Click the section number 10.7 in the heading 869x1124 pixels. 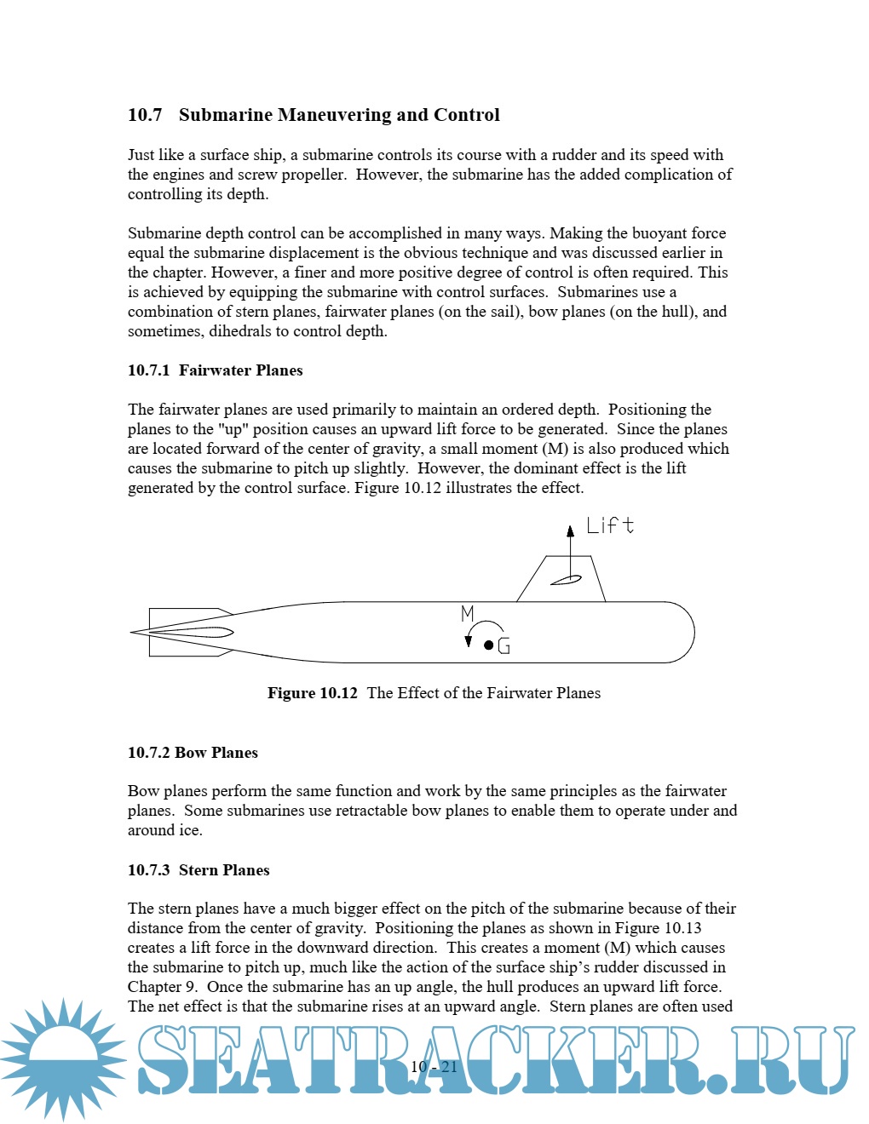[x=145, y=115]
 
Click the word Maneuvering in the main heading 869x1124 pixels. [x=334, y=115]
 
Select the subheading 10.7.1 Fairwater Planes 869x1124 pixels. [x=215, y=370]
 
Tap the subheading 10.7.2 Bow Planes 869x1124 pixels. [x=193, y=753]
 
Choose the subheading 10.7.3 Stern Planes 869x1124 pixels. [x=199, y=870]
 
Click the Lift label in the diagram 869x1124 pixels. [x=610, y=525]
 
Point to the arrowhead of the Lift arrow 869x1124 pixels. [x=571, y=531]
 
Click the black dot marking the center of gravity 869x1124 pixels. [x=488, y=645]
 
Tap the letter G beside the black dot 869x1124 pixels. [x=504, y=646]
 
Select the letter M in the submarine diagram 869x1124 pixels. [x=467, y=613]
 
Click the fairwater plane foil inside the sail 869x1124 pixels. [x=566, y=581]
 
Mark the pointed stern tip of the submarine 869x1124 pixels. [x=133, y=632]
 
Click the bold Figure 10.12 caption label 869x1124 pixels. [x=312, y=693]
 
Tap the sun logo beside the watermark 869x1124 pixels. [x=64, y=1058]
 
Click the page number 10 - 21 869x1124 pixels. [x=434, y=1067]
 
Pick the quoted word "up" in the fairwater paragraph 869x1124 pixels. [x=233, y=429]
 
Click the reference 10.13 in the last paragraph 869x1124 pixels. [x=682, y=928]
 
